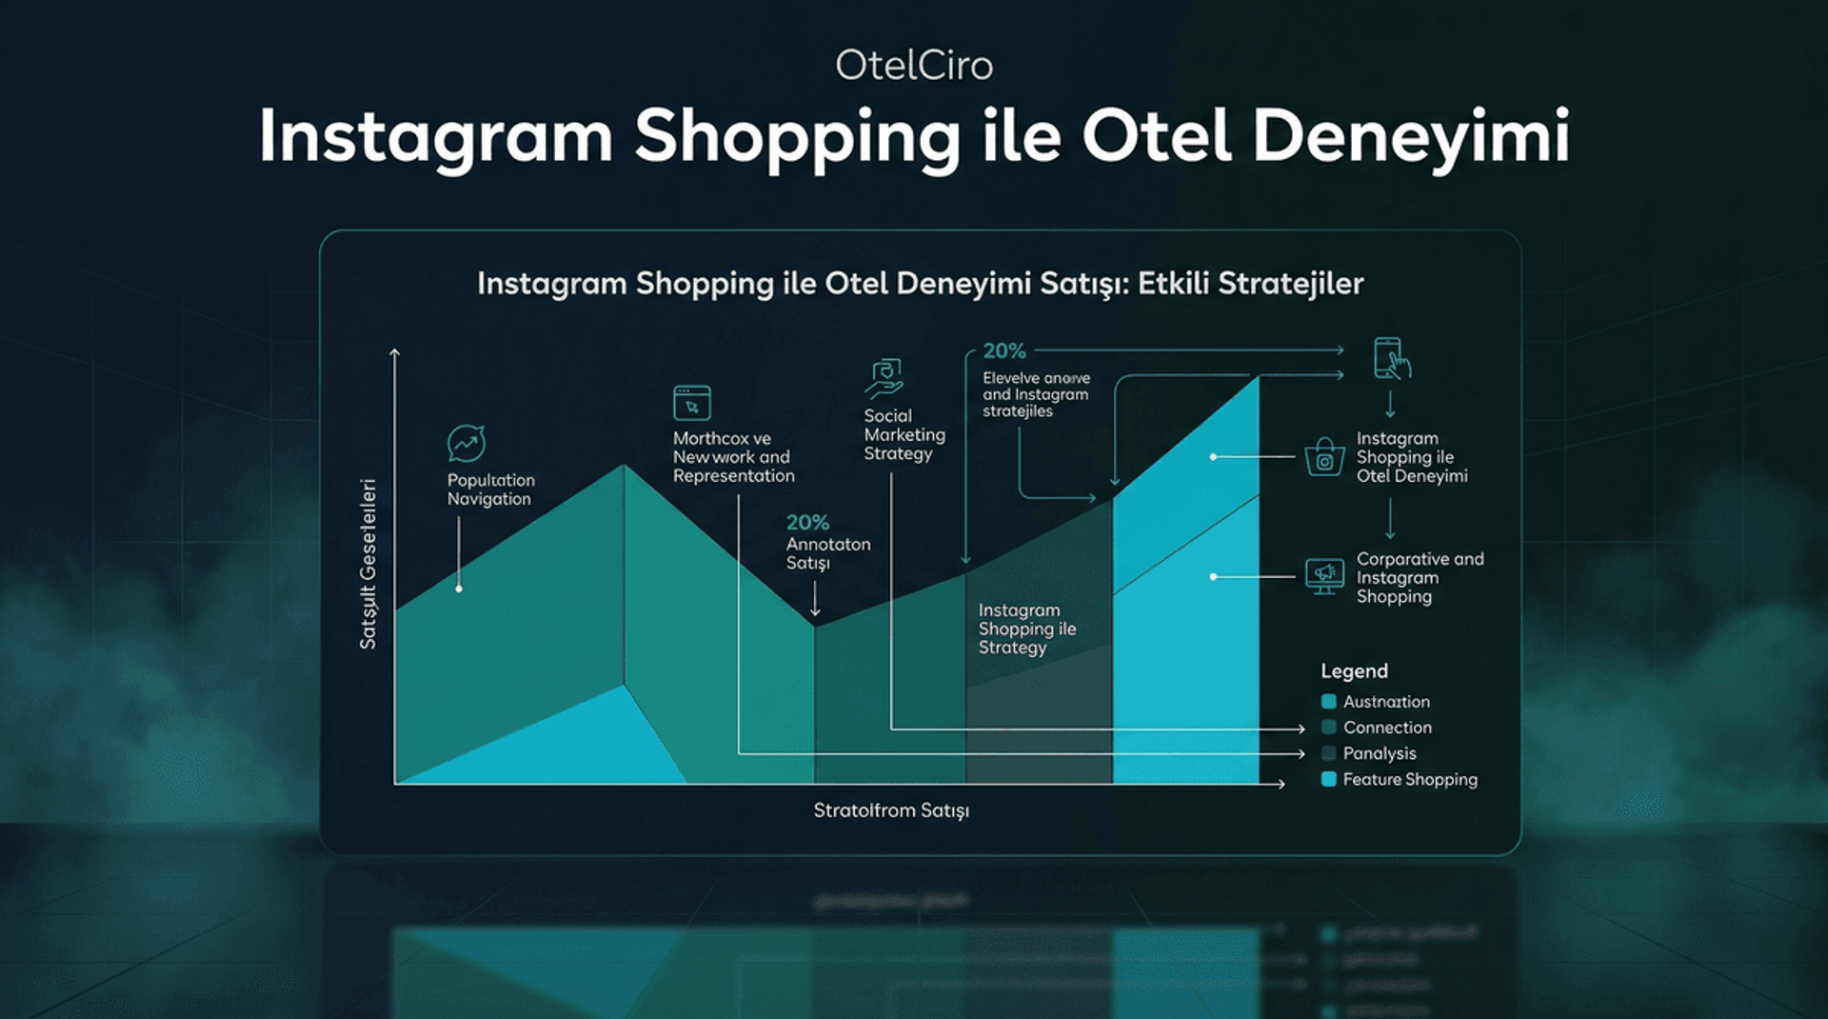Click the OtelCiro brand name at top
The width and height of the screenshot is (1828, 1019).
pyautogui.click(x=913, y=66)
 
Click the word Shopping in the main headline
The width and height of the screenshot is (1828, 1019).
pyautogui.click(x=798, y=137)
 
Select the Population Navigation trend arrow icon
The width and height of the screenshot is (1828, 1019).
pyautogui.click(x=467, y=444)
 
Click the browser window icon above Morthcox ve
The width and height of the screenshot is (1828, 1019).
pyautogui.click(x=692, y=403)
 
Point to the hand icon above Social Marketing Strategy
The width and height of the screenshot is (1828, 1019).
pyautogui.click(x=884, y=378)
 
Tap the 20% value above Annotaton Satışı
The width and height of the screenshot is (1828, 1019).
pyautogui.click(x=807, y=523)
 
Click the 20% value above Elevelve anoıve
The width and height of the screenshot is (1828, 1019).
pyautogui.click(x=1004, y=351)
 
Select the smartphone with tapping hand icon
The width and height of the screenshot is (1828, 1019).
pyautogui.click(x=1391, y=359)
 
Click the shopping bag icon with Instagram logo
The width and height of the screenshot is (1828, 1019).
pyautogui.click(x=1324, y=457)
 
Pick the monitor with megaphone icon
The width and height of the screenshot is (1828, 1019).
pyautogui.click(x=1324, y=576)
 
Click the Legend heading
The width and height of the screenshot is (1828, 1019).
pyautogui.click(x=1354, y=671)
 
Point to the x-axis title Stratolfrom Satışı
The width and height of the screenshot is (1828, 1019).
pyautogui.click(x=891, y=810)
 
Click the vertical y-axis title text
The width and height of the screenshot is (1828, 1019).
pyautogui.click(x=368, y=564)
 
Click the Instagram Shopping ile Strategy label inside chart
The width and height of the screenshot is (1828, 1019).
pyautogui.click(x=1026, y=629)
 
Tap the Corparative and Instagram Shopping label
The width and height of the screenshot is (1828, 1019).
pyautogui.click(x=1419, y=577)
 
